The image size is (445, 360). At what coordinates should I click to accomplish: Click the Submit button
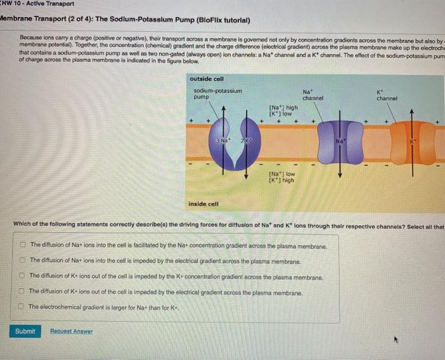(25, 331)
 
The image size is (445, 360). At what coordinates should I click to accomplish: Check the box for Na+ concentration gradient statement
(22, 245)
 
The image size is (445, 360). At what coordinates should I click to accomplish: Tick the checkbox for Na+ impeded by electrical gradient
(22, 261)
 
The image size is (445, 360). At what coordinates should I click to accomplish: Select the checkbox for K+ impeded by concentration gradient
(22, 277)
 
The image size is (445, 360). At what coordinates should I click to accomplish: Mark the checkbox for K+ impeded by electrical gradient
(22, 292)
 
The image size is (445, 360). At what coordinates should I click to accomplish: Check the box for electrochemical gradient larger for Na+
(22, 307)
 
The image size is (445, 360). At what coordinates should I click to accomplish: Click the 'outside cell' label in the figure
(207, 78)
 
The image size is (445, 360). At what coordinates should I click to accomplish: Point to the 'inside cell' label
(203, 204)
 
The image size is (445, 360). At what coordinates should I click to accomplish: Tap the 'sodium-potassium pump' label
(217, 94)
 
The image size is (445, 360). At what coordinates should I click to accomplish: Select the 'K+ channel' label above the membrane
(387, 95)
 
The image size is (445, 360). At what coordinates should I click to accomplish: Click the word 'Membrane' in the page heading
(19, 19)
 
